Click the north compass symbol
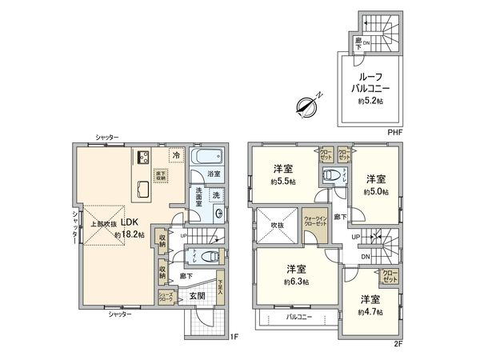pyautogui.click(x=307, y=104)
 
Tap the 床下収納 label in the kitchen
pyautogui.click(x=160, y=176)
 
